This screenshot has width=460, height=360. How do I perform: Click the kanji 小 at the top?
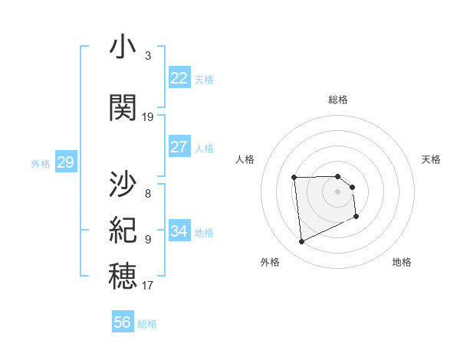tap(123, 48)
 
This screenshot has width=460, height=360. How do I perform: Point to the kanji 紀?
tap(123, 230)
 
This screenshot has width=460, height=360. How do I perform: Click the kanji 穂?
tap(123, 276)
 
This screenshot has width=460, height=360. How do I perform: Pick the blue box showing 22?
tap(179, 78)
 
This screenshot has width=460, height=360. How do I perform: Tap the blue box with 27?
tap(179, 147)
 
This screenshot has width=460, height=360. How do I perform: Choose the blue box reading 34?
tap(179, 231)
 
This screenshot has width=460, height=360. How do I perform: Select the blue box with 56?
tap(123, 322)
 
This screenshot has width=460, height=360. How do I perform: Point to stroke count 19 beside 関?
tap(148, 117)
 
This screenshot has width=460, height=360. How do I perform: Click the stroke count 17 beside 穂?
tap(148, 286)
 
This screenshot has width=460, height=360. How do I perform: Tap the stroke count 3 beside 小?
tap(148, 56)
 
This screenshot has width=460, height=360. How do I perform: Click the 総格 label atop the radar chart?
tap(338, 100)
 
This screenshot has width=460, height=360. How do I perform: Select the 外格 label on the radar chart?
tap(270, 262)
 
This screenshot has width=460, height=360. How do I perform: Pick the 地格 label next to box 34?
tap(204, 233)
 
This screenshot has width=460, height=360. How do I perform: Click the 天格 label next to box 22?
tap(204, 80)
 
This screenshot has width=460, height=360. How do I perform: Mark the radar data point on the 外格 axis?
tap(301, 242)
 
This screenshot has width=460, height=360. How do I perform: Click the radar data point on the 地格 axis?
tap(356, 217)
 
